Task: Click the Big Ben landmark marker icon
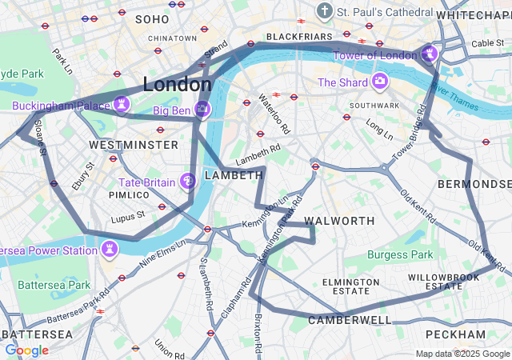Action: click(x=202, y=107)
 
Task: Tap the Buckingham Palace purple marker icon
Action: click(x=121, y=104)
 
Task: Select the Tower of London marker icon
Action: click(x=430, y=54)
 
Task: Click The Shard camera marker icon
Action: click(x=379, y=82)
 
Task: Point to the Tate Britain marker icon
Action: click(x=188, y=182)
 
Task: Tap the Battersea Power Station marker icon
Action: click(x=110, y=250)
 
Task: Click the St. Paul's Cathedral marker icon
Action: click(x=324, y=11)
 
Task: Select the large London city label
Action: click(x=177, y=84)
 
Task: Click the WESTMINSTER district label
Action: click(x=134, y=145)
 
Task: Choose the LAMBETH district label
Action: click(x=234, y=175)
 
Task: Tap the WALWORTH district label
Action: click(x=340, y=220)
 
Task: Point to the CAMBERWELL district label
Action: click(x=350, y=320)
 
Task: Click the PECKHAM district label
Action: click(x=455, y=334)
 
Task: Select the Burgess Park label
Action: click(x=400, y=254)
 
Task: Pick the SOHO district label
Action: click(x=152, y=18)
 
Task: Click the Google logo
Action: click(x=26, y=350)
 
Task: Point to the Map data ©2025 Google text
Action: click(x=462, y=354)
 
